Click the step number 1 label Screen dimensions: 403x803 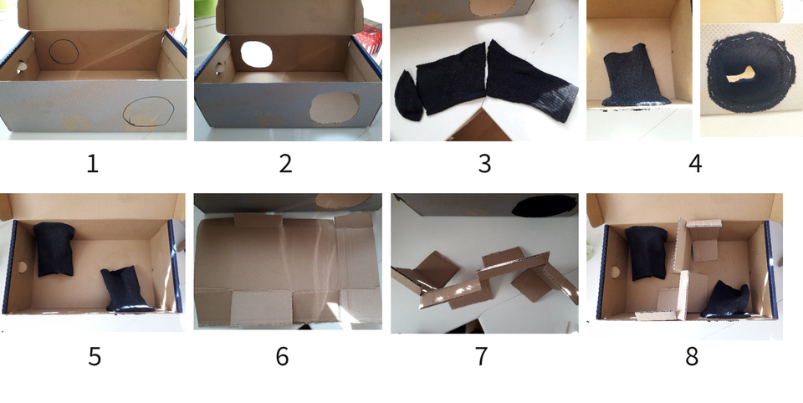(92, 163)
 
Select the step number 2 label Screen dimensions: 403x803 (285, 163)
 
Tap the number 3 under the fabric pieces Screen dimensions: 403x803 (484, 163)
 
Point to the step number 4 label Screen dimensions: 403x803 (694, 163)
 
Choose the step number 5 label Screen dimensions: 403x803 (95, 356)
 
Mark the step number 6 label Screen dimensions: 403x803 (283, 356)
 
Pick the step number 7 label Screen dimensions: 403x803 (481, 356)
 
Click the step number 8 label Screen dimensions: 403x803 (692, 356)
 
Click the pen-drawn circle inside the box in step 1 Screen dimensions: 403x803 (64, 54)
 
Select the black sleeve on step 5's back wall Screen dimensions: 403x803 (55, 249)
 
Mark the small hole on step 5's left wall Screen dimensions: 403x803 (22, 268)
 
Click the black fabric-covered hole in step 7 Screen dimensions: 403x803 (544, 205)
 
